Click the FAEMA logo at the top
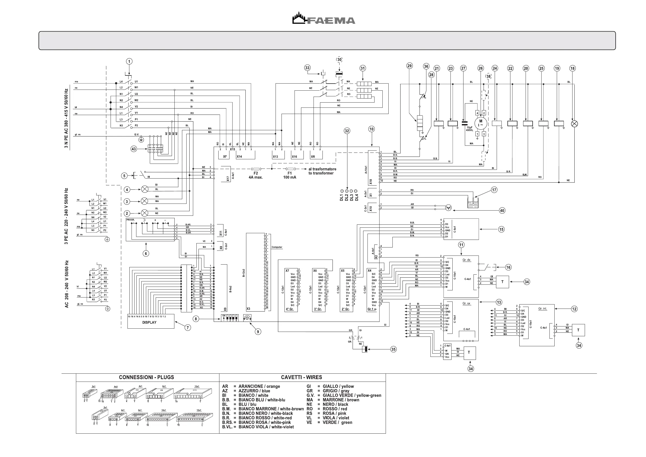click(x=324, y=18)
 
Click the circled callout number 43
click(x=134, y=149)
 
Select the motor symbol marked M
click(x=481, y=123)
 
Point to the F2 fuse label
click(x=255, y=173)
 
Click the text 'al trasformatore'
click(x=322, y=169)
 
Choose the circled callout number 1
click(x=129, y=61)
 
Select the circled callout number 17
click(x=494, y=190)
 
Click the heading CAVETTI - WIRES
click(x=301, y=377)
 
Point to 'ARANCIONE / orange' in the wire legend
click(x=259, y=386)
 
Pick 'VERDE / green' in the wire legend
click(x=337, y=422)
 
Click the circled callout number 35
click(x=393, y=349)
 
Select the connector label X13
click(x=275, y=157)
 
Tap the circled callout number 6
click(x=146, y=253)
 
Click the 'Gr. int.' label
click(x=542, y=309)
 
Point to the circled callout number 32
click(x=347, y=131)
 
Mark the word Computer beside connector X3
click(x=277, y=247)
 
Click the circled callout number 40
click(x=502, y=210)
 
